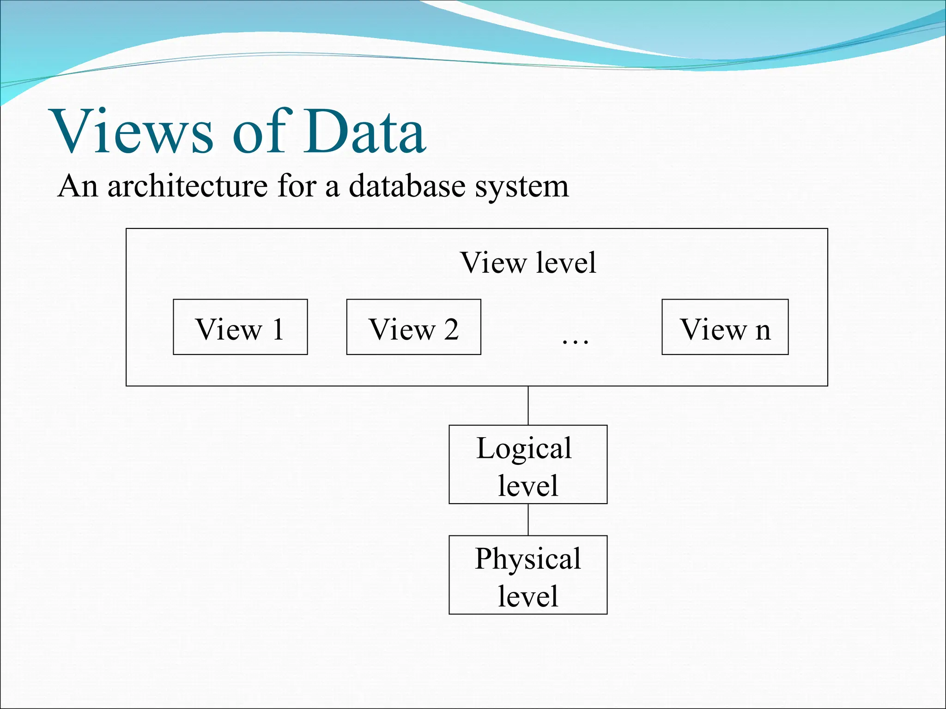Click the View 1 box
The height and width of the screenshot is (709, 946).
pyautogui.click(x=240, y=327)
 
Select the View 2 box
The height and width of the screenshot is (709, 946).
pyautogui.click(x=413, y=327)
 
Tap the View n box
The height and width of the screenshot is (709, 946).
pyautogui.click(x=725, y=327)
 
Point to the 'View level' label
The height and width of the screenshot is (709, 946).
pyautogui.click(x=528, y=263)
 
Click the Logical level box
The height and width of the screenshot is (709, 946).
pyautogui.click(x=528, y=464)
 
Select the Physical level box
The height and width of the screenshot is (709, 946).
pyautogui.click(x=528, y=575)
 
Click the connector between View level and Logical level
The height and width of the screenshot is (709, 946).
pyautogui.click(x=528, y=405)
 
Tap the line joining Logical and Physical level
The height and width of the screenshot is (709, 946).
pyautogui.click(x=528, y=519)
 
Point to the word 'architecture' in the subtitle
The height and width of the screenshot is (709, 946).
pyautogui.click(x=187, y=186)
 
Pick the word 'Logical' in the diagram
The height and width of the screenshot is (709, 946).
pyautogui.click(x=524, y=448)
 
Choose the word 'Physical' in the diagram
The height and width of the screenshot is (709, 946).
pyautogui.click(x=528, y=559)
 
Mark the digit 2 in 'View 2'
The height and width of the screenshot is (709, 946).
pyautogui.click(x=451, y=329)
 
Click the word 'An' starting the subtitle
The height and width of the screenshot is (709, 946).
pyautogui.click(x=78, y=186)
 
